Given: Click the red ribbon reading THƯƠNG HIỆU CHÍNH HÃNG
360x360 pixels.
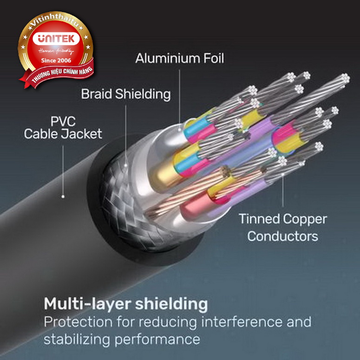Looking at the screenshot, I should click(60, 74).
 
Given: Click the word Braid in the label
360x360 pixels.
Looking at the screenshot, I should click(97, 94).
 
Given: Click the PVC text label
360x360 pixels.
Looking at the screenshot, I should click(63, 122).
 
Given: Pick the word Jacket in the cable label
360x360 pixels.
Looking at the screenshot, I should click(84, 135).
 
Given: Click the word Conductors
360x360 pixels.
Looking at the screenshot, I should click(282, 236).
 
